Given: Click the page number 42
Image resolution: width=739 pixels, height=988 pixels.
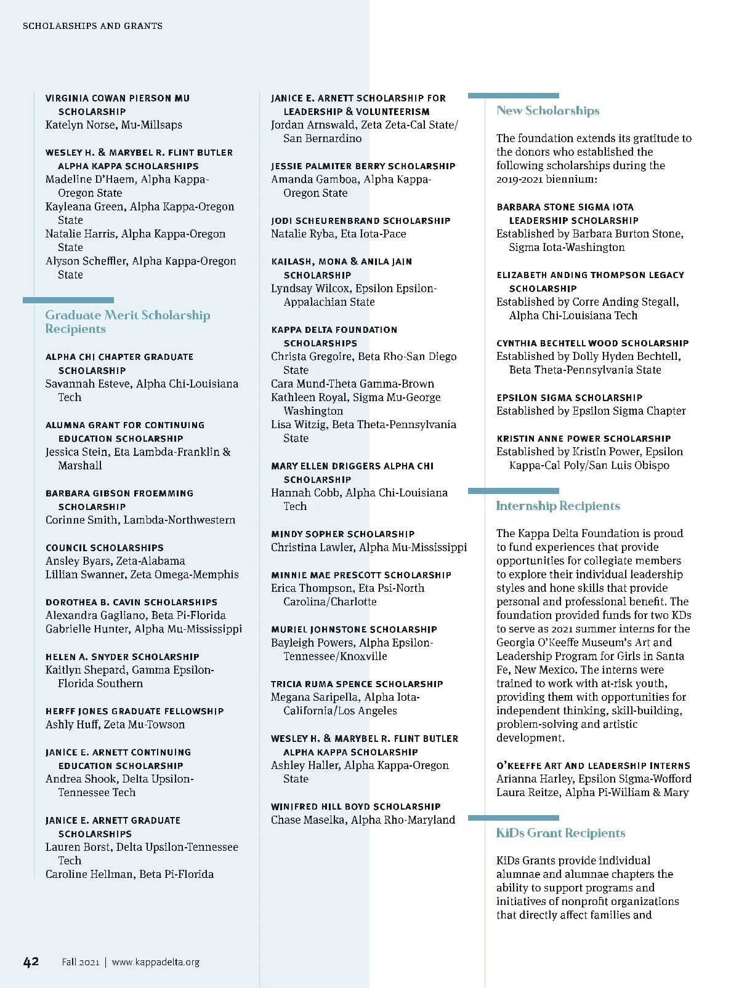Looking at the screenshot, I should [x=31, y=962].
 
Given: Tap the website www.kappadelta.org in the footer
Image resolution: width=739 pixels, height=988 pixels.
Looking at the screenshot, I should [x=156, y=962].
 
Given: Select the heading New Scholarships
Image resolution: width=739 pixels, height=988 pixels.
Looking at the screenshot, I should [x=547, y=111].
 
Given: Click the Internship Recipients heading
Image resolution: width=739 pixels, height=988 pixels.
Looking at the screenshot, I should [x=558, y=506].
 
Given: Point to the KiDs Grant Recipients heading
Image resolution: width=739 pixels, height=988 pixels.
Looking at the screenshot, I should [x=560, y=833].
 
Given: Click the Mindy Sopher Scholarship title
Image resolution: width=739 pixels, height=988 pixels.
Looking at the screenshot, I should [x=342, y=534].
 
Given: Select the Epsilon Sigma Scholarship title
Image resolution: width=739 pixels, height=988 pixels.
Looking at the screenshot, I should [x=569, y=397].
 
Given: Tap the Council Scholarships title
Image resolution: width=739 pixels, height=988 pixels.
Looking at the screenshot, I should [x=104, y=548].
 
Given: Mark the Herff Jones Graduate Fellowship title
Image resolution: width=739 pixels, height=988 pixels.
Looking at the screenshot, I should [x=134, y=711].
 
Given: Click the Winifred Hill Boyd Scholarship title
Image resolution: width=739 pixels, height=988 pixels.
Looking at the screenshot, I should [x=355, y=807].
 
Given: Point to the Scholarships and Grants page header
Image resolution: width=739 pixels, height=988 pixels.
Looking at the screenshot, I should [x=92, y=26].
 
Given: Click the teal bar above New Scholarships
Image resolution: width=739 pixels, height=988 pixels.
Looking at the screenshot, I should [x=513, y=95].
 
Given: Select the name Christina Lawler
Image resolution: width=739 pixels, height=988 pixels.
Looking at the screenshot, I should [x=312, y=548].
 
